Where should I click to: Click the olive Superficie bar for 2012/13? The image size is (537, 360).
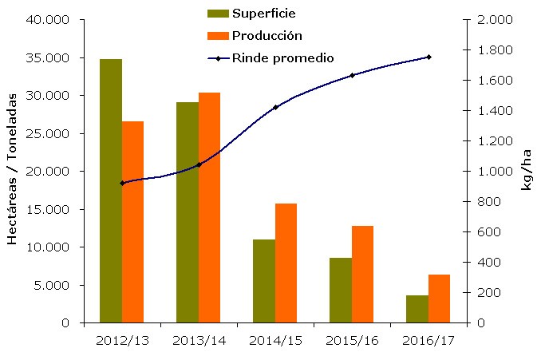point(111,191)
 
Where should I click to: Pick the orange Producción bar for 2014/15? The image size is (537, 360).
point(286,263)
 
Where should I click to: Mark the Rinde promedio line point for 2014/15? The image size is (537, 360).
point(275,107)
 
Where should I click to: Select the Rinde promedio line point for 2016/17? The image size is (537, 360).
point(428,57)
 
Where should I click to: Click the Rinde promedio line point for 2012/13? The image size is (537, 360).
point(122,183)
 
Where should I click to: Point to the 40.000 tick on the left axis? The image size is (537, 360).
point(47,20)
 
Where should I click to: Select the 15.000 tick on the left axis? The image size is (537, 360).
point(47,209)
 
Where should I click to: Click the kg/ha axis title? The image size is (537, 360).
point(526,172)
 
